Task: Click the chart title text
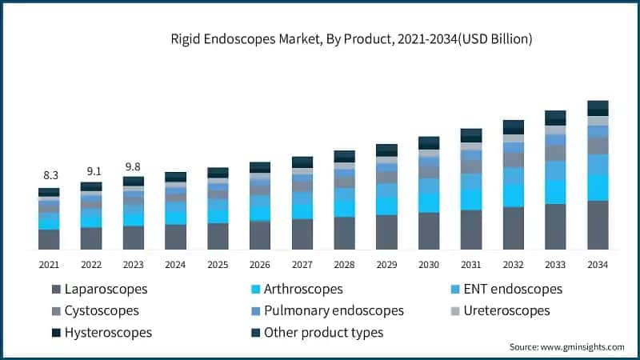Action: pos(352,38)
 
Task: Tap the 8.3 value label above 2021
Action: pos(50,174)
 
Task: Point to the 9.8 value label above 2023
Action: pos(134,166)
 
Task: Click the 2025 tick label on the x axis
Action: pos(218,265)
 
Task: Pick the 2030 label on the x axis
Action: pos(429,265)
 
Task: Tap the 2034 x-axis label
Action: pos(598,265)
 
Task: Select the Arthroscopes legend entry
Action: pos(302,289)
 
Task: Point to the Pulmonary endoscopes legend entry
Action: pos(334,310)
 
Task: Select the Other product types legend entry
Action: pos(323,332)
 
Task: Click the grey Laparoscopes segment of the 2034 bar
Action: pos(598,225)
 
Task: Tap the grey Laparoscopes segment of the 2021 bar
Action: pos(50,239)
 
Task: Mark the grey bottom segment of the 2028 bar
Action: pos(345,233)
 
